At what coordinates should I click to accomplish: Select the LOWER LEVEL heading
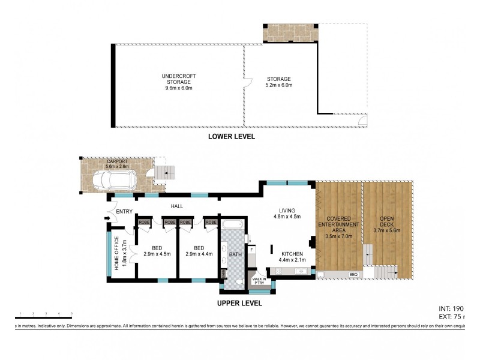pyautogui.click(x=231, y=137)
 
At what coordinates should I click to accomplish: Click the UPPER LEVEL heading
pyautogui.click(x=239, y=304)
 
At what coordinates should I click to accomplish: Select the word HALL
pyautogui.click(x=176, y=207)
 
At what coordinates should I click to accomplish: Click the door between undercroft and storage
pyautogui.click(x=245, y=85)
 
